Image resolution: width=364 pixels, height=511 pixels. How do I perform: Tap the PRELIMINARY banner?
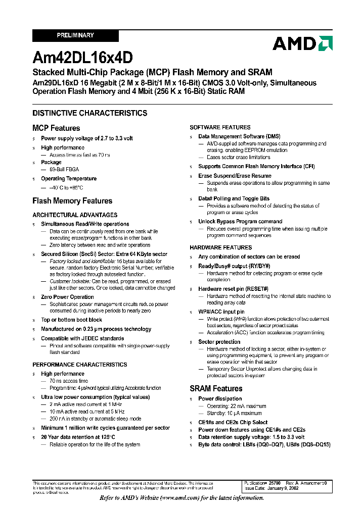[75, 35]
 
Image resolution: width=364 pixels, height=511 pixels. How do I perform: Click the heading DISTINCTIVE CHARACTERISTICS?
[90, 113]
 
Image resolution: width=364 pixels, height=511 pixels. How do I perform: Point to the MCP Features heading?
[56, 128]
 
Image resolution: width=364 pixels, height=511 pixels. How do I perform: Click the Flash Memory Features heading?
[72, 201]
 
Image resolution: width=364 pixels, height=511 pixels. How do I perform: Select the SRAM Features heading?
[216, 388]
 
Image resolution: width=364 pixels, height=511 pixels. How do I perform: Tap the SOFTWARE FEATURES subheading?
[220, 127]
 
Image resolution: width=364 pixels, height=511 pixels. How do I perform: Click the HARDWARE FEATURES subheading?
[220, 247]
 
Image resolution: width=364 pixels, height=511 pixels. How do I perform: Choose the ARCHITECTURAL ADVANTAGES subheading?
[75, 215]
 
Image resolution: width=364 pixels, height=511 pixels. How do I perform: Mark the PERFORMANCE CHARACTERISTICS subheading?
[80, 365]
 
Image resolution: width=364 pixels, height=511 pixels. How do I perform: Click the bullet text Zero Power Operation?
[67, 297]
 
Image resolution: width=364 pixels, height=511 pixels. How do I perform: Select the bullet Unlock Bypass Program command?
[240, 221]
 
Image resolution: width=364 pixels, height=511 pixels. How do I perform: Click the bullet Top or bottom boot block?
[71, 320]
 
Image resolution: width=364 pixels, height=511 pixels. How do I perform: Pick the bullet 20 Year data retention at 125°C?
[78, 437]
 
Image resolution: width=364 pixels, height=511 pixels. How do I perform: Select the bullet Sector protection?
[219, 342]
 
